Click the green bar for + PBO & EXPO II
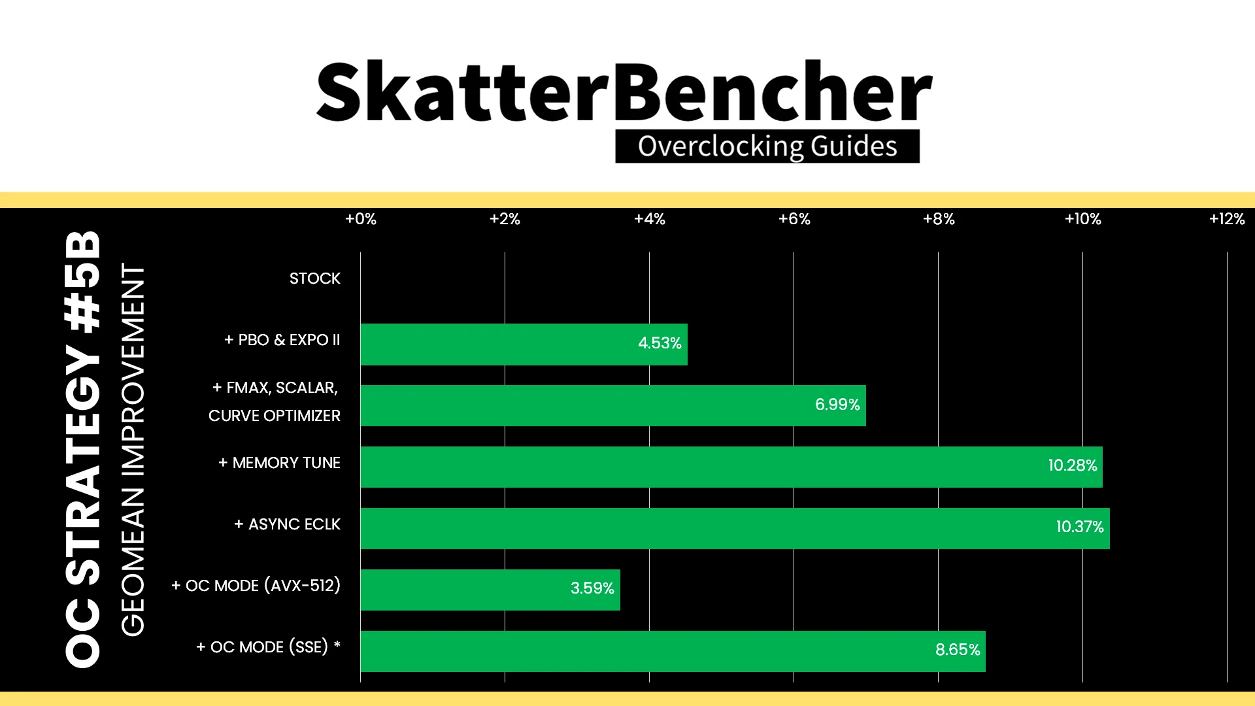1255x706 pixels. (x=524, y=344)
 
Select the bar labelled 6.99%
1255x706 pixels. (x=613, y=405)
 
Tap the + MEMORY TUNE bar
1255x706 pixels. (x=731, y=467)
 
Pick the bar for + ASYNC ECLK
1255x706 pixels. (x=735, y=528)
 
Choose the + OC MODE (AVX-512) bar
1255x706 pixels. (x=490, y=590)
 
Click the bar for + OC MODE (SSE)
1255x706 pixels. (x=673, y=651)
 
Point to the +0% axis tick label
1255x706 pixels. (x=361, y=219)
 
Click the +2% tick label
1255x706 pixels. (x=505, y=219)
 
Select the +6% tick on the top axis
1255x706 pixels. (x=794, y=219)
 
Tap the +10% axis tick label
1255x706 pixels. (x=1083, y=219)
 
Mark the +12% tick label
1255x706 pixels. (x=1227, y=219)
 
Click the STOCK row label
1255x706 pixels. (x=315, y=278)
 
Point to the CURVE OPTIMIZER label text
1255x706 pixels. (x=275, y=416)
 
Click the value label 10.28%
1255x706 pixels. (x=1073, y=465)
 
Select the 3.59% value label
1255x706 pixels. (x=592, y=588)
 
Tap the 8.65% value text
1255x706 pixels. (x=958, y=650)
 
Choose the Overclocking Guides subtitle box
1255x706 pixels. (x=767, y=146)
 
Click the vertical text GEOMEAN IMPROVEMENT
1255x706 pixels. (x=133, y=450)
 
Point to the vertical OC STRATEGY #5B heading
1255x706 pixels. (x=83, y=449)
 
